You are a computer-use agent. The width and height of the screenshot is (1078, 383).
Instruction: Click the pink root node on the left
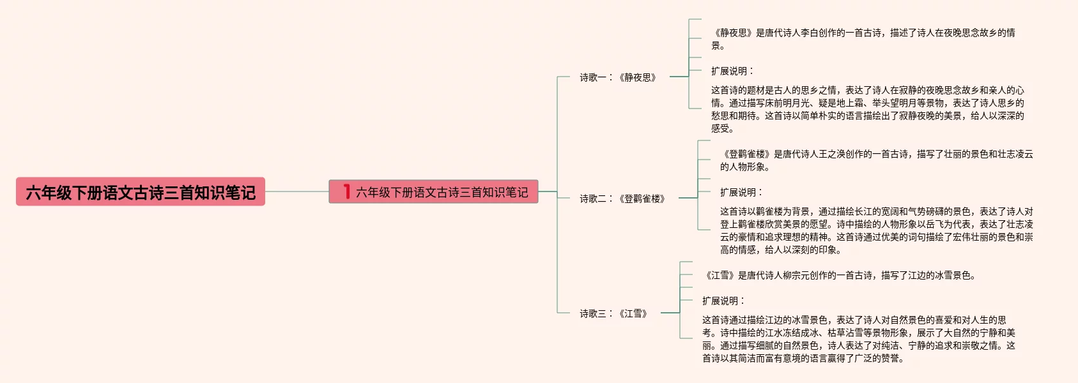[140, 191]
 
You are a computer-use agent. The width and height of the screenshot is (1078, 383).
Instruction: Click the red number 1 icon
[346, 191]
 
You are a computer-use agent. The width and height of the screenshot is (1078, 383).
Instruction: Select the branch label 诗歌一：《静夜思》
[618, 77]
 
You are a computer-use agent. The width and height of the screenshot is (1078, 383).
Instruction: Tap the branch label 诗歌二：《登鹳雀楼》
[622, 199]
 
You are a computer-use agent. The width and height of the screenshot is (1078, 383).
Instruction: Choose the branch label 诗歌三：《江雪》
[613, 313]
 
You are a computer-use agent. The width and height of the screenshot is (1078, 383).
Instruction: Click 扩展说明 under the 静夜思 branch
[732, 71]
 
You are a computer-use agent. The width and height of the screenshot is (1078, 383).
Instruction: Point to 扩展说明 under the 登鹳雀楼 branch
[741, 192]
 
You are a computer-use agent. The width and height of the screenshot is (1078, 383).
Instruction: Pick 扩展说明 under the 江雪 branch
[723, 301]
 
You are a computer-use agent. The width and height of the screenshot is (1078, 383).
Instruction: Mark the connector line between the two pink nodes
[296, 191]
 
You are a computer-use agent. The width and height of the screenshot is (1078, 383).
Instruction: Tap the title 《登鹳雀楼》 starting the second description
[746, 154]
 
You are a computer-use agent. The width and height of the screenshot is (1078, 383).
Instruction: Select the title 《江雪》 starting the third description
[720, 275]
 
